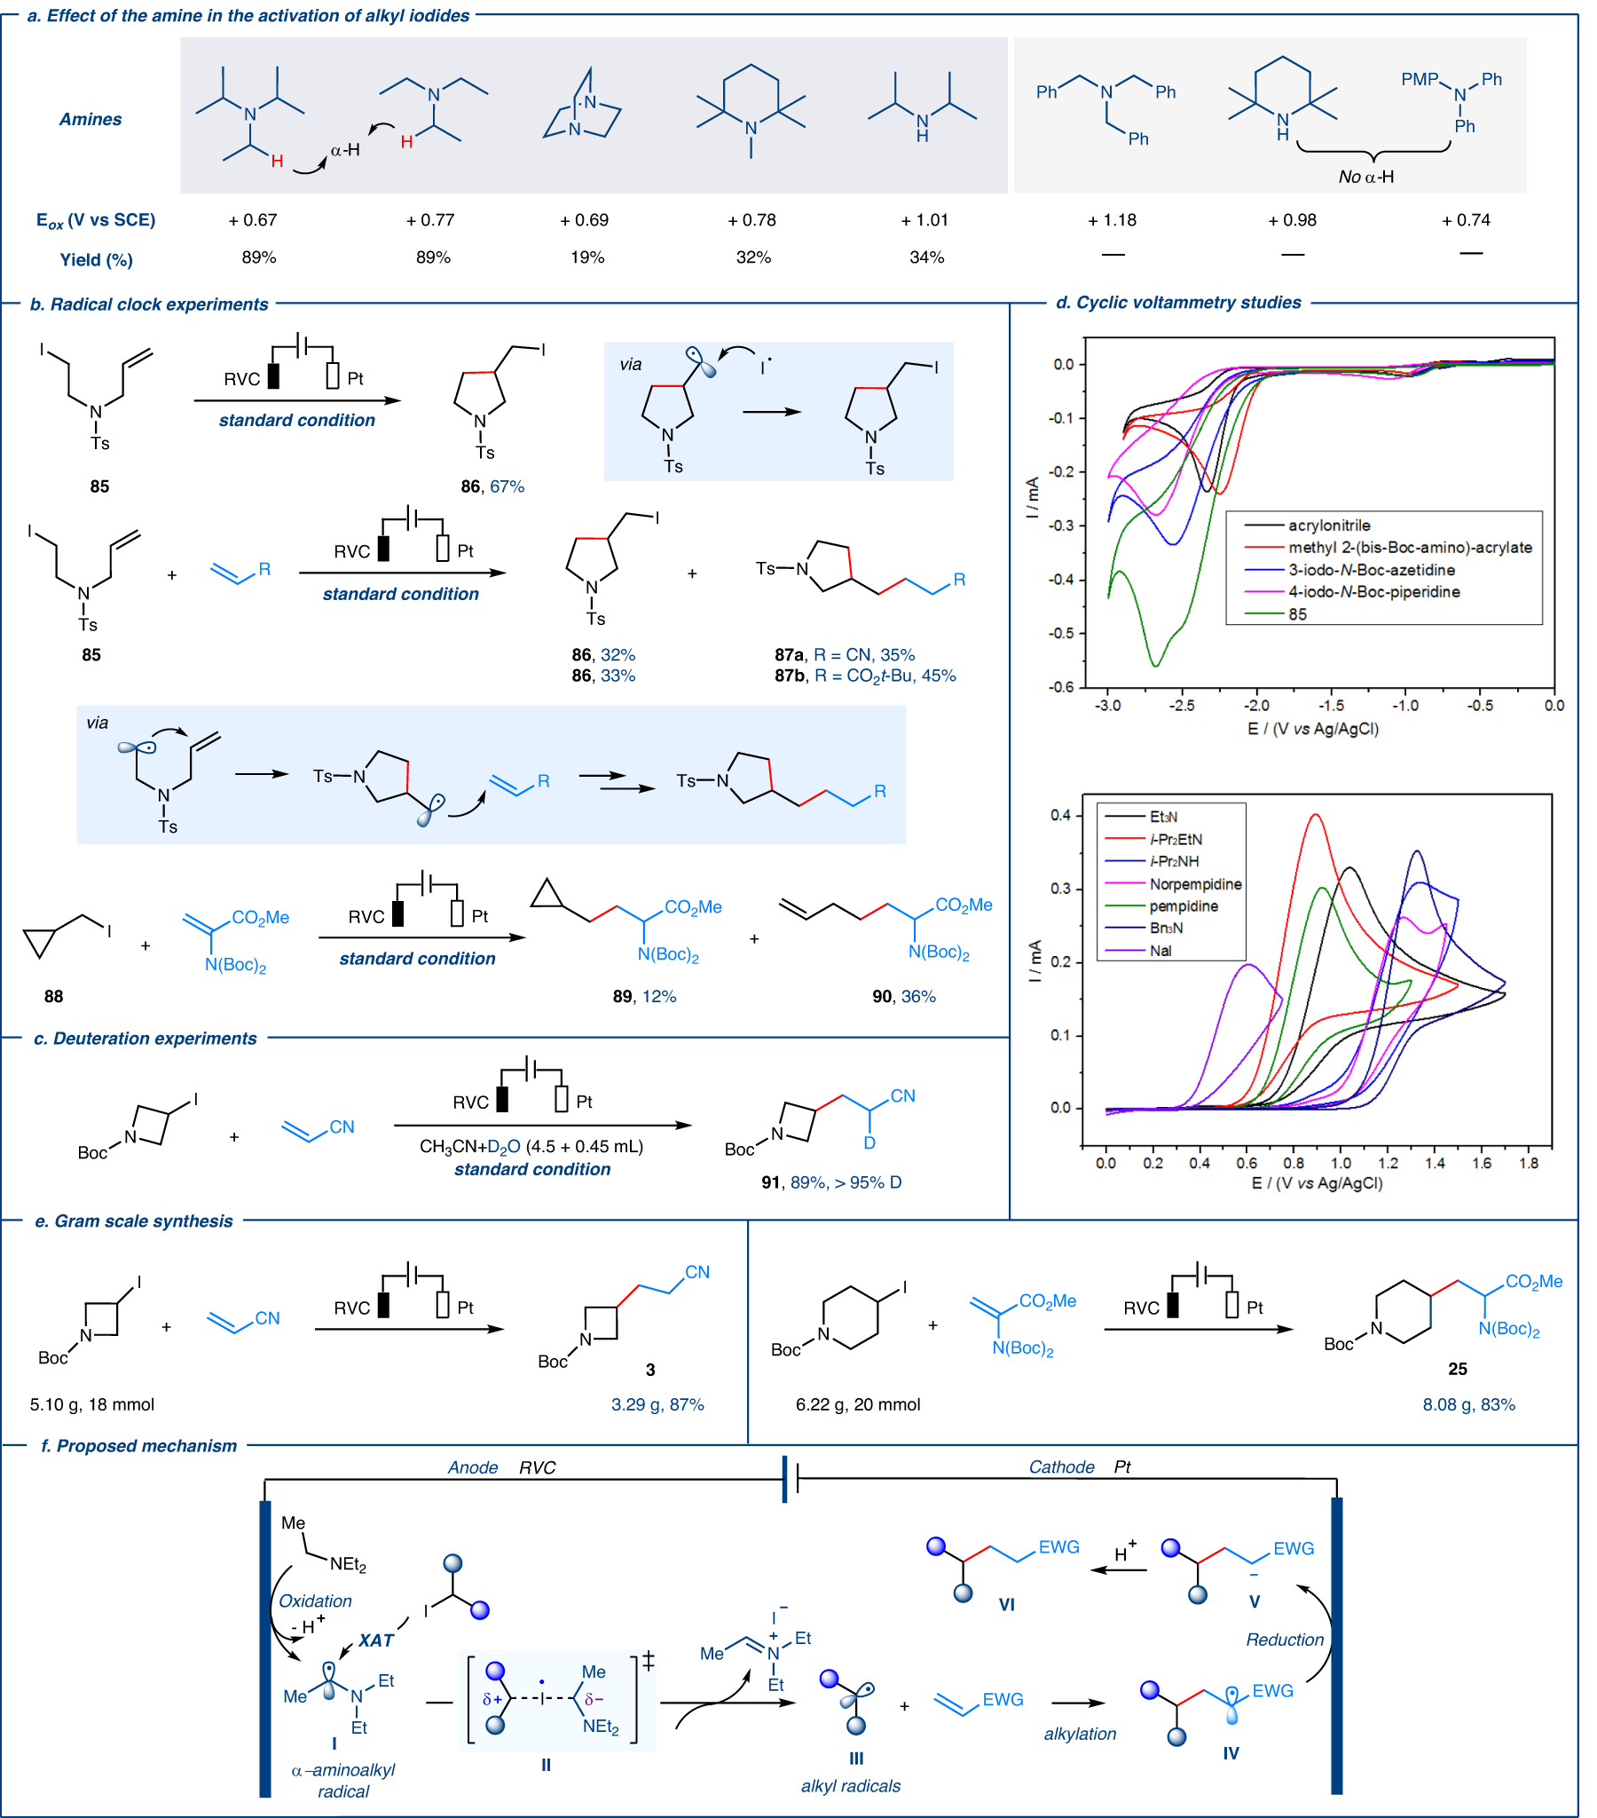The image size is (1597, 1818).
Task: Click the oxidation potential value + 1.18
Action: coord(1112,220)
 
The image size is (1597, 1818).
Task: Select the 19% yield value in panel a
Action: coord(586,258)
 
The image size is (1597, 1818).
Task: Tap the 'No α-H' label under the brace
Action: coord(1365,177)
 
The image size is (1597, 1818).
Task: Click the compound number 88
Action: coord(53,996)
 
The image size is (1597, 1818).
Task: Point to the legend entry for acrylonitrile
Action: coord(1328,526)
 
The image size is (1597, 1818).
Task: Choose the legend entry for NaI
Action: coord(1160,951)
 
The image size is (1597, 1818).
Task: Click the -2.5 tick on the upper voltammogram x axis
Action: coord(1182,706)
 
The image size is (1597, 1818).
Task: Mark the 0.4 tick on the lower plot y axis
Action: coord(1061,816)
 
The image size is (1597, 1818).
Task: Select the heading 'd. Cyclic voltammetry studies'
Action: coord(1177,304)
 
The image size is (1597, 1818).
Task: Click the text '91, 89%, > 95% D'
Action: coord(830,1182)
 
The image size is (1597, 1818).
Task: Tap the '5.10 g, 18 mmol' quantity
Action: coord(91,1404)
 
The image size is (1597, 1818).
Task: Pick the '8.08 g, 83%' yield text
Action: coord(1468,1404)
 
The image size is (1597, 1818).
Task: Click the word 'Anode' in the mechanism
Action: coord(472,1467)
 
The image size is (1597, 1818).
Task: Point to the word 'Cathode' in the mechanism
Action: coord(1061,1467)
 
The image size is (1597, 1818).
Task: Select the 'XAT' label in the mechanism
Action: coord(375,1641)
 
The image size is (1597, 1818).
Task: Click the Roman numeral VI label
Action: coord(1006,1605)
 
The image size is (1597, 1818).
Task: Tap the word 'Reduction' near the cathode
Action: coord(1284,1640)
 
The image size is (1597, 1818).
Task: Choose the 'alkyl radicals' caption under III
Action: coord(850,1786)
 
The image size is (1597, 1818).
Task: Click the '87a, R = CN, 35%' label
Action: coord(844,654)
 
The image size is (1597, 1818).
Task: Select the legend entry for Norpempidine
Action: coord(1194,884)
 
